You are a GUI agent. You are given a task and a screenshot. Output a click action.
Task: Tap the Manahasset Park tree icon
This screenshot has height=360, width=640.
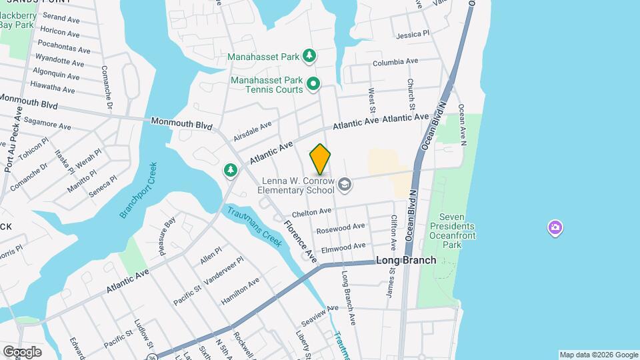point(309,57)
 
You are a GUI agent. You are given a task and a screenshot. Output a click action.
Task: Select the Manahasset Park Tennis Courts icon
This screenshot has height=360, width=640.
point(313,84)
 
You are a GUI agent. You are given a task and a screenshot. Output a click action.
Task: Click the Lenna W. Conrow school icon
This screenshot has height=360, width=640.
point(344,184)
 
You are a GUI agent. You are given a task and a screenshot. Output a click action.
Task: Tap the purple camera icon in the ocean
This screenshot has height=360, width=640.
point(555,229)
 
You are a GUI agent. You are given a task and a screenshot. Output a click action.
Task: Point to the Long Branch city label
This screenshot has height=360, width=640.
point(406,260)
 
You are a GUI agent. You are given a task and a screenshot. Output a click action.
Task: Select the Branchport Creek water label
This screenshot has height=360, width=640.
point(138,191)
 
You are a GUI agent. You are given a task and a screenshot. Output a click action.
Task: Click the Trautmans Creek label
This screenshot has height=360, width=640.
point(254,227)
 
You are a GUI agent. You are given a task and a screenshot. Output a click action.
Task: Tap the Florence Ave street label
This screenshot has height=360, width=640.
point(301,241)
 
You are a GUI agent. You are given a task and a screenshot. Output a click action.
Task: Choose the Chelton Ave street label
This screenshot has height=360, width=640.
point(312,212)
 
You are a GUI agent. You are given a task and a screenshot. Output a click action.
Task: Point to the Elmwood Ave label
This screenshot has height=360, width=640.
point(343,249)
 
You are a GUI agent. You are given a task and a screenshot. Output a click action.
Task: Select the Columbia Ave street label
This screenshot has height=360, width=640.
point(395,62)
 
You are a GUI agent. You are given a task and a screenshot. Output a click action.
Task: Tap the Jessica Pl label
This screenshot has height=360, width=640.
point(413,34)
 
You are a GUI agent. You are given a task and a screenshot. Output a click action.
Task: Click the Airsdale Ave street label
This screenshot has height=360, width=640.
point(253,131)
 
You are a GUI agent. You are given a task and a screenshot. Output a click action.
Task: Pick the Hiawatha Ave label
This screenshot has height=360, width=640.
point(54,87)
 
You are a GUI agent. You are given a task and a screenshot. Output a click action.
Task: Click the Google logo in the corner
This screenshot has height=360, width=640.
point(22,351)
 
